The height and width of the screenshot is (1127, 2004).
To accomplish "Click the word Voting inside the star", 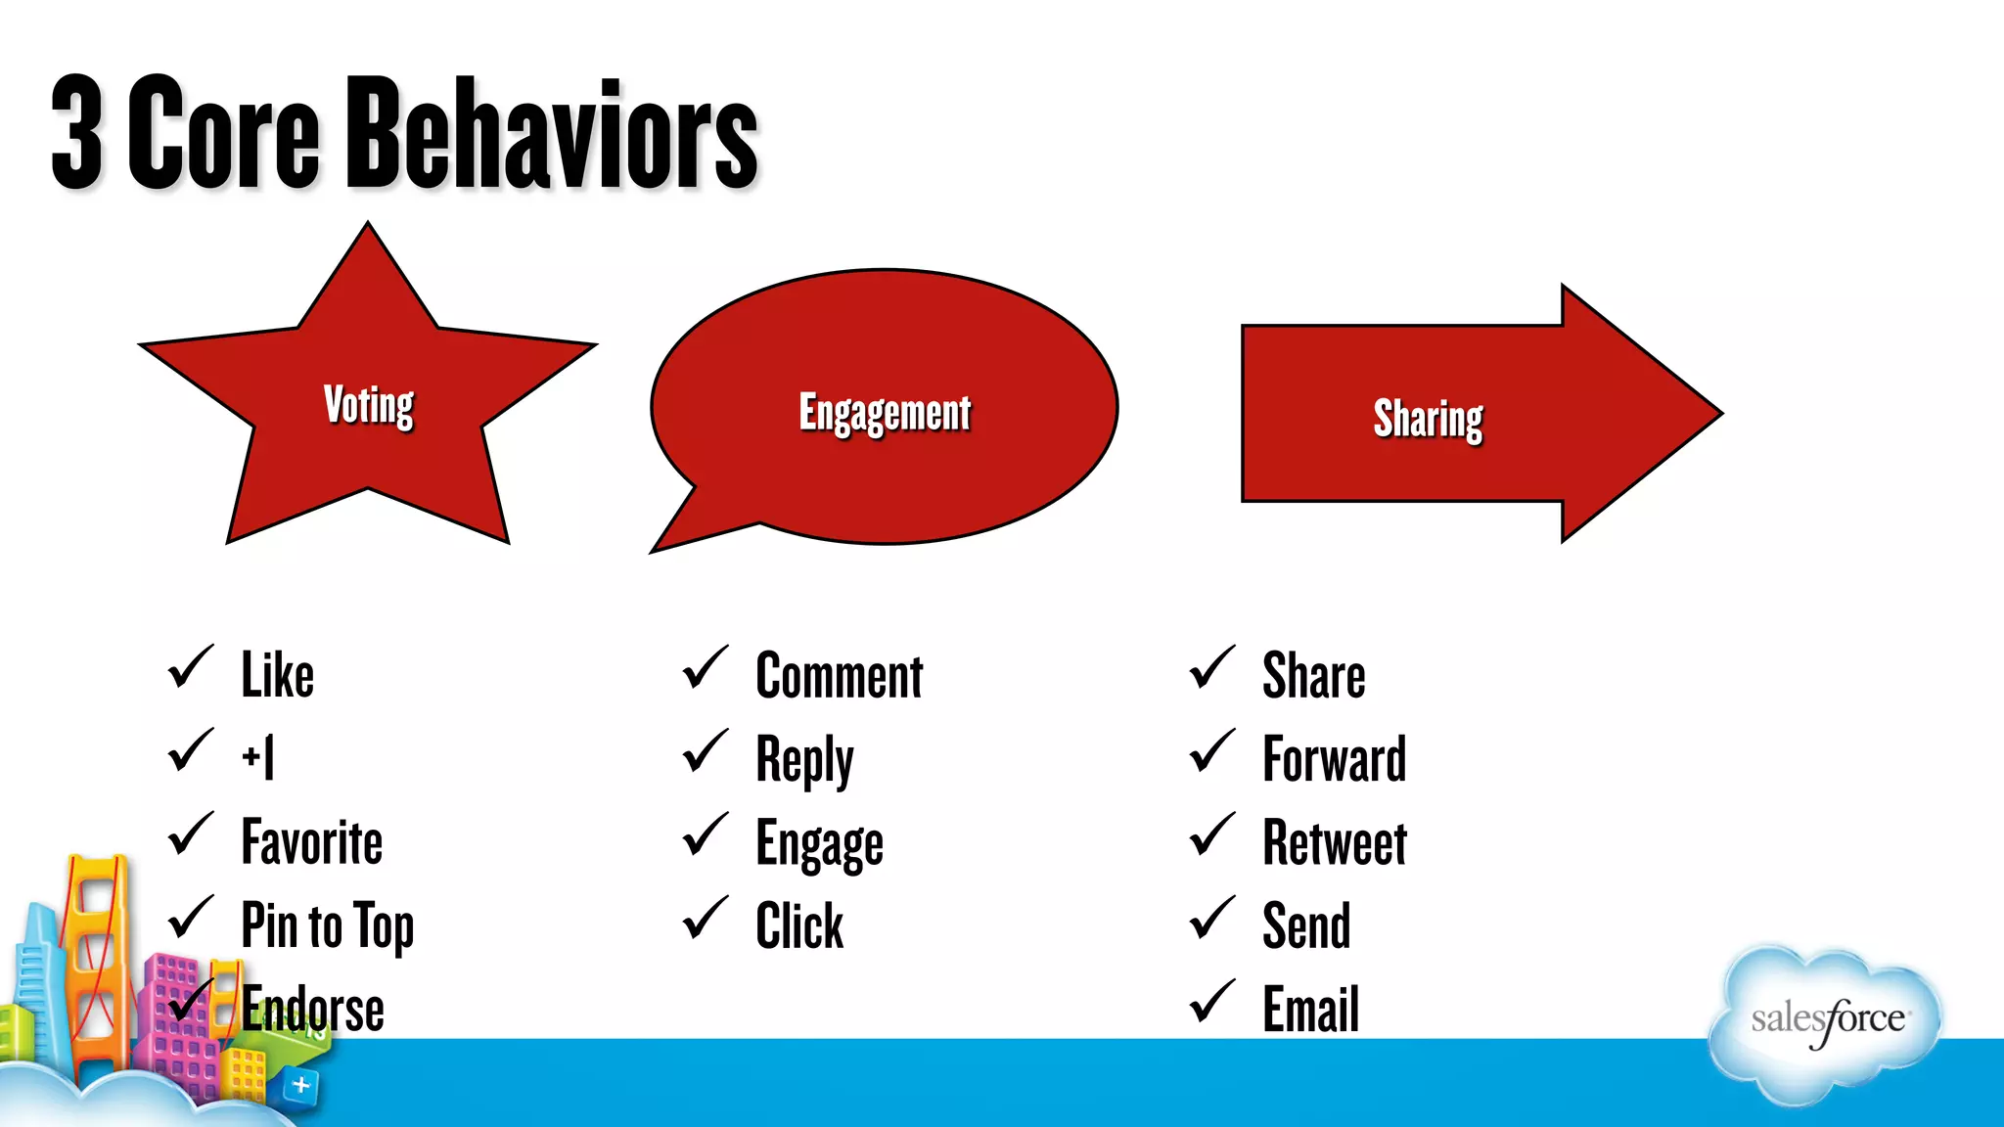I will coord(368,404).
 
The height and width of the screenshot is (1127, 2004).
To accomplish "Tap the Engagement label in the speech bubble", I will coord(885,412).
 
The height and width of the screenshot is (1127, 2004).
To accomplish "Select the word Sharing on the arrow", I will coord(1428,418).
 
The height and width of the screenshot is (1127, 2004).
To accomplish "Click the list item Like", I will coord(277,675).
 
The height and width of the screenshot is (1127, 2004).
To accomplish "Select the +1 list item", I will coord(258,757).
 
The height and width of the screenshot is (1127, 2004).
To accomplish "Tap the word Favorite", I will coord(311,842).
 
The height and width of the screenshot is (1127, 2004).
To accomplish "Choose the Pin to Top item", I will coord(327,925).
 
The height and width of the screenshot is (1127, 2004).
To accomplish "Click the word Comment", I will coord(839,676).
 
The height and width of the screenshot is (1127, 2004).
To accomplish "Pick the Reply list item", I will coord(804,760).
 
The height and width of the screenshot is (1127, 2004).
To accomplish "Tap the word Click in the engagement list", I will coord(798,925).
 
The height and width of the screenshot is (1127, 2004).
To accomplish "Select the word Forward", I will coord(1334,759).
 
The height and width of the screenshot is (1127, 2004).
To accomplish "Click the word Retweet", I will coord(1334,842).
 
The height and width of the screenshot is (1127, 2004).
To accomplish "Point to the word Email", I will coord(1310,1009).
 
